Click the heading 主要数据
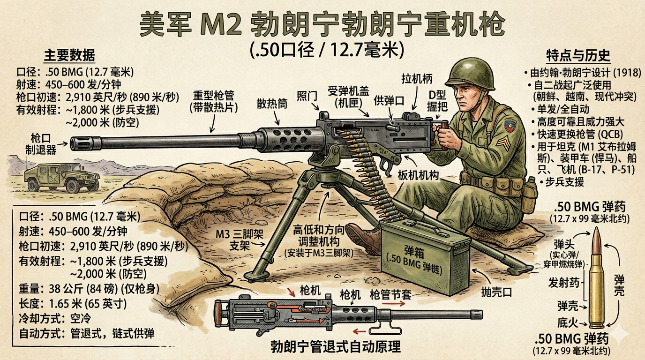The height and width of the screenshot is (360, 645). click(x=69, y=55)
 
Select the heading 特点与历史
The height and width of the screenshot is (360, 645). click(x=578, y=56)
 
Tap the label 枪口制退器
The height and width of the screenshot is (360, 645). click(x=41, y=144)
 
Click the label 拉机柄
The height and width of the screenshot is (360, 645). click(x=417, y=79)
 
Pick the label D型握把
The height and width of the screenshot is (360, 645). click(x=437, y=100)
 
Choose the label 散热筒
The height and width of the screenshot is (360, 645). click(x=272, y=104)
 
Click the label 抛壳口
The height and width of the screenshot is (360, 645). click(x=497, y=292)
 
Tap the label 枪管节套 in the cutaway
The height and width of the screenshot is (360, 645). click(x=390, y=295)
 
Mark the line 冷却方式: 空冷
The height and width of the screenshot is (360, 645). click(x=55, y=319)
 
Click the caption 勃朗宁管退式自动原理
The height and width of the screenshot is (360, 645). click(x=336, y=346)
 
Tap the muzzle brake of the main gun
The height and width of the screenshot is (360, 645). click(x=85, y=143)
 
